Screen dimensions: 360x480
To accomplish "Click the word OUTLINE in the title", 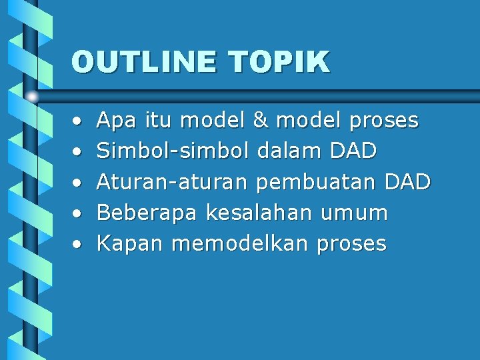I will point(144,62).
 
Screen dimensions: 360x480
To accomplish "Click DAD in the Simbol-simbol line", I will point(353,151).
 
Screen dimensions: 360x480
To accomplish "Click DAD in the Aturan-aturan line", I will point(407,182).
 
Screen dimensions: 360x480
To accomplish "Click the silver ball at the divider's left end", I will point(31,97).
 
